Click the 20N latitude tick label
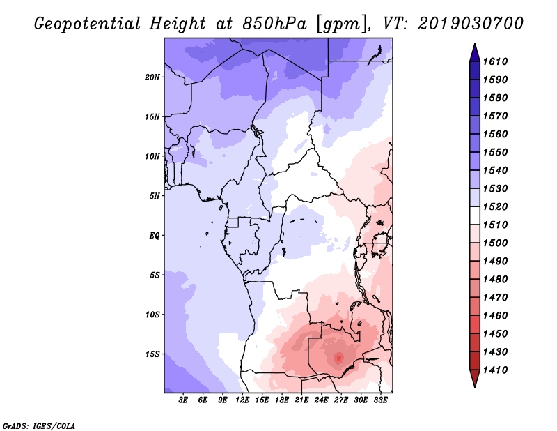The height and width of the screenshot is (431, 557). pos(152,77)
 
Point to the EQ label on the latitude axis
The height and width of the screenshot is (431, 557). pos(154,236)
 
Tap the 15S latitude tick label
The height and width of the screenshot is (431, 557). pos(152,354)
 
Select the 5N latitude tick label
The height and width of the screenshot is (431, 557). pos(155,196)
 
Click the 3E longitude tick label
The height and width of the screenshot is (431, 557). pos(183,400)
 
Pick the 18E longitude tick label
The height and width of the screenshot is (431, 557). pos(282,400)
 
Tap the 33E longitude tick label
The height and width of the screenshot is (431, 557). pos(380,400)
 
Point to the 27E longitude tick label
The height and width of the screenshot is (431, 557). pos(341,400)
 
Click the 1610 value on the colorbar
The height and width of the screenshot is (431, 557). pos(495,61)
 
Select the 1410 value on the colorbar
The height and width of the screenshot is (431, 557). pos(495,370)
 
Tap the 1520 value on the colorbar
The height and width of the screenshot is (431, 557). pos(495,206)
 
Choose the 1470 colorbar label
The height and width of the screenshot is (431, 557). pos(495,298)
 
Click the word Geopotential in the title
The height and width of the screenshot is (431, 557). pos(88,24)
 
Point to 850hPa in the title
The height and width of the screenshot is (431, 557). pos(274,24)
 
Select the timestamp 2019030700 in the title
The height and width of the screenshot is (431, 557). pos(471,24)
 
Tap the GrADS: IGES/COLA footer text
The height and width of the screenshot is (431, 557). pos(39,426)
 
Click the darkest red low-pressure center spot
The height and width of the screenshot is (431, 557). pos(339,358)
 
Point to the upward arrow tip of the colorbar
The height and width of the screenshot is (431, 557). pos(475,43)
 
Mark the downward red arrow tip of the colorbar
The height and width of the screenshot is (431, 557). pos(475,387)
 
